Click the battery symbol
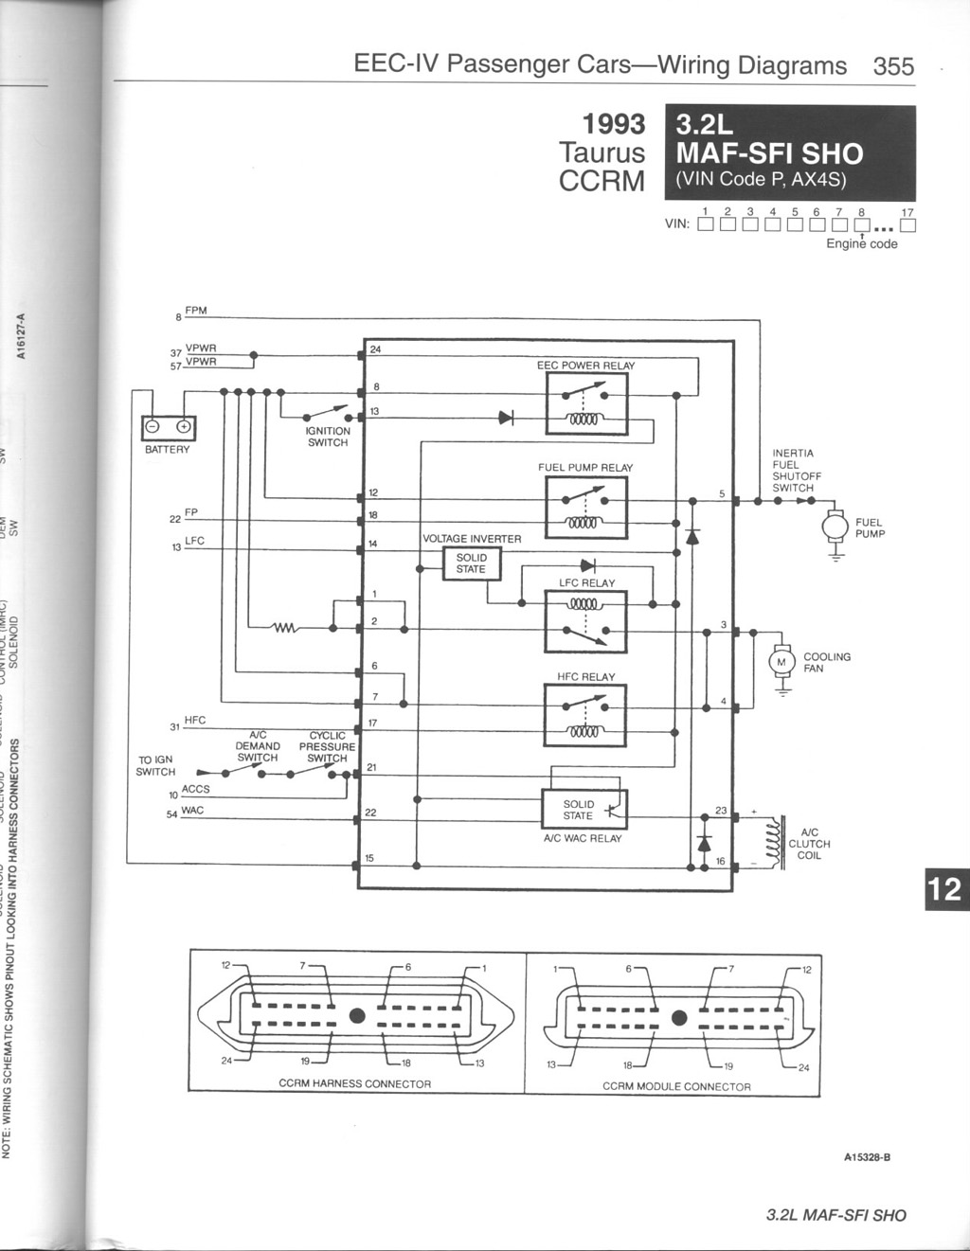tap(168, 428)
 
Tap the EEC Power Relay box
tap(586, 403)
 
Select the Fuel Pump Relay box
tap(586, 508)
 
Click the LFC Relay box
tap(585, 621)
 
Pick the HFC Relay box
tap(585, 715)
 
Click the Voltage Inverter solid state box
tap(472, 563)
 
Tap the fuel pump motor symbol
tap(835, 526)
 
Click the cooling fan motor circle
tap(781, 661)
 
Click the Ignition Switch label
tap(328, 437)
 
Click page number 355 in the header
tap(893, 66)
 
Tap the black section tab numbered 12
tap(943, 889)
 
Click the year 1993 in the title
tap(613, 124)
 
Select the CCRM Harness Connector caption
tap(354, 1083)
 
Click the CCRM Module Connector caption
tap(676, 1086)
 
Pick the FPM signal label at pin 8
tap(196, 311)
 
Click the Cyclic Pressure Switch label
tap(327, 746)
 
